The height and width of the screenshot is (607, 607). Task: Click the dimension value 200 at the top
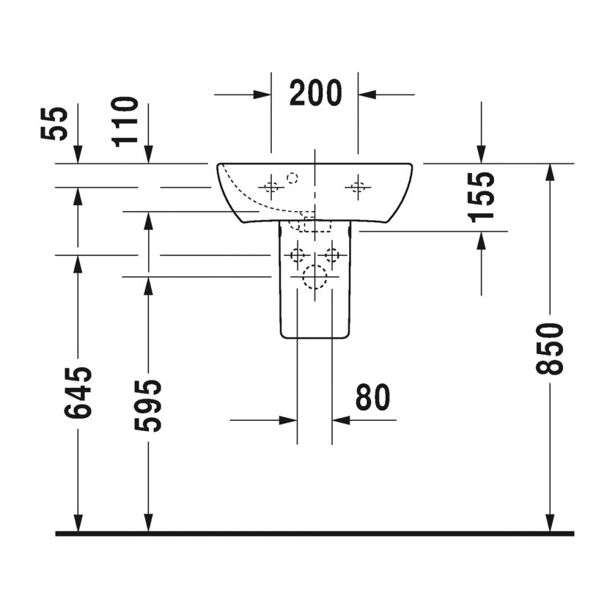315,93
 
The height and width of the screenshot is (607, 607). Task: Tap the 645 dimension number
78,392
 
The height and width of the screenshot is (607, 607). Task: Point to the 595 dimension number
150,405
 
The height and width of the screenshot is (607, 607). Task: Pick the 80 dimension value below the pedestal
372,397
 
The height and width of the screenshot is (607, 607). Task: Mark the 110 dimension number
126,122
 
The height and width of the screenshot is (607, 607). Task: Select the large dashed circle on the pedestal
314,278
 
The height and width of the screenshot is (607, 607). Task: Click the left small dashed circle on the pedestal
297,255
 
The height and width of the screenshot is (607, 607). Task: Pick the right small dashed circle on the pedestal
332,255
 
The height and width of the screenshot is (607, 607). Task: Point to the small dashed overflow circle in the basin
293,177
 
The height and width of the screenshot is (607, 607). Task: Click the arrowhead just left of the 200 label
263,94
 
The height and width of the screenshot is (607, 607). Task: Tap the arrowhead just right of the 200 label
367,94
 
